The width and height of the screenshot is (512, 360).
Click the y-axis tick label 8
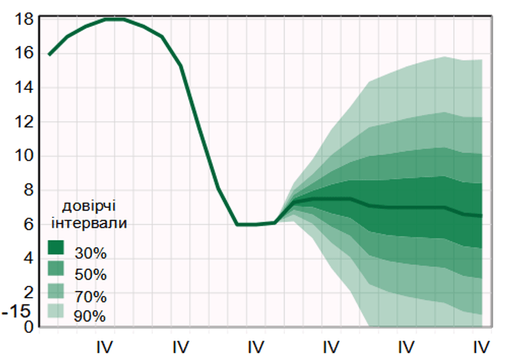pyautogui.click(x=28, y=190)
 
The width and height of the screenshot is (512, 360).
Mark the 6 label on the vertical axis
pyautogui.click(x=28, y=224)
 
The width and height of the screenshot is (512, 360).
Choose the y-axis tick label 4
pyautogui.click(x=28, y=258)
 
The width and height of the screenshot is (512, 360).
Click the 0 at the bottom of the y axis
pyautogui.click(x=28, y=326)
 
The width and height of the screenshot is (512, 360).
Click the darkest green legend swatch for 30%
pyautogui.click(x=56, y=247)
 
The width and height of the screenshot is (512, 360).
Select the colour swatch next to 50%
pyautogui.click(x=56, y=268)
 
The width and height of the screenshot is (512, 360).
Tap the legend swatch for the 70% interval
pyautogui.click(x=56, y=290)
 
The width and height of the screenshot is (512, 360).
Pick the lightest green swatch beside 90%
pyautogui.click(x=56, y=311)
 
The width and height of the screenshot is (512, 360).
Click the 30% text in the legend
pyautogui.click(x=91, y=253)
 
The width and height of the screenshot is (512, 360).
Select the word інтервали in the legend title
pyautogui.click(x=89, y=222)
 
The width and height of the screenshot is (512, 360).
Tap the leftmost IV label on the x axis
pyautogui.click(x=104, y=345)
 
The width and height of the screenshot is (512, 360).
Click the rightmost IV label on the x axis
pyautogui.click(x=482, y=345)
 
